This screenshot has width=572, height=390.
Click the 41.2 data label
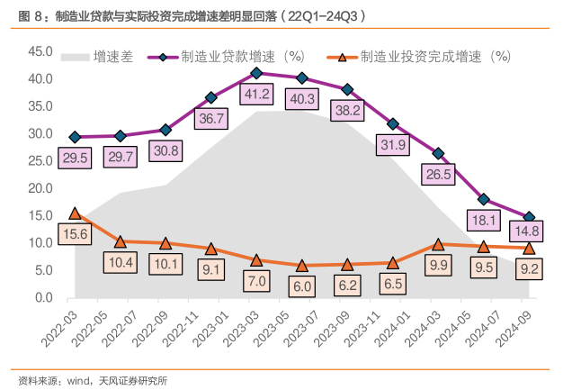[257, 94]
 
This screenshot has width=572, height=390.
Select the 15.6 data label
[75, 233]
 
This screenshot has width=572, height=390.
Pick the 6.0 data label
[302, 286]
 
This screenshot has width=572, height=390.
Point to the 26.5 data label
[438, 174]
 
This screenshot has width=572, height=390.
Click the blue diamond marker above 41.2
[257, 73]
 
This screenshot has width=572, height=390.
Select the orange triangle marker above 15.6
[75, 213]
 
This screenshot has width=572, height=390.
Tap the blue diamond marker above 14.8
[529, 217]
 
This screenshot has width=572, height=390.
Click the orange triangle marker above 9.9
[438, 243]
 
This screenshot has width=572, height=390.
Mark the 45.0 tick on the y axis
[41, 51]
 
